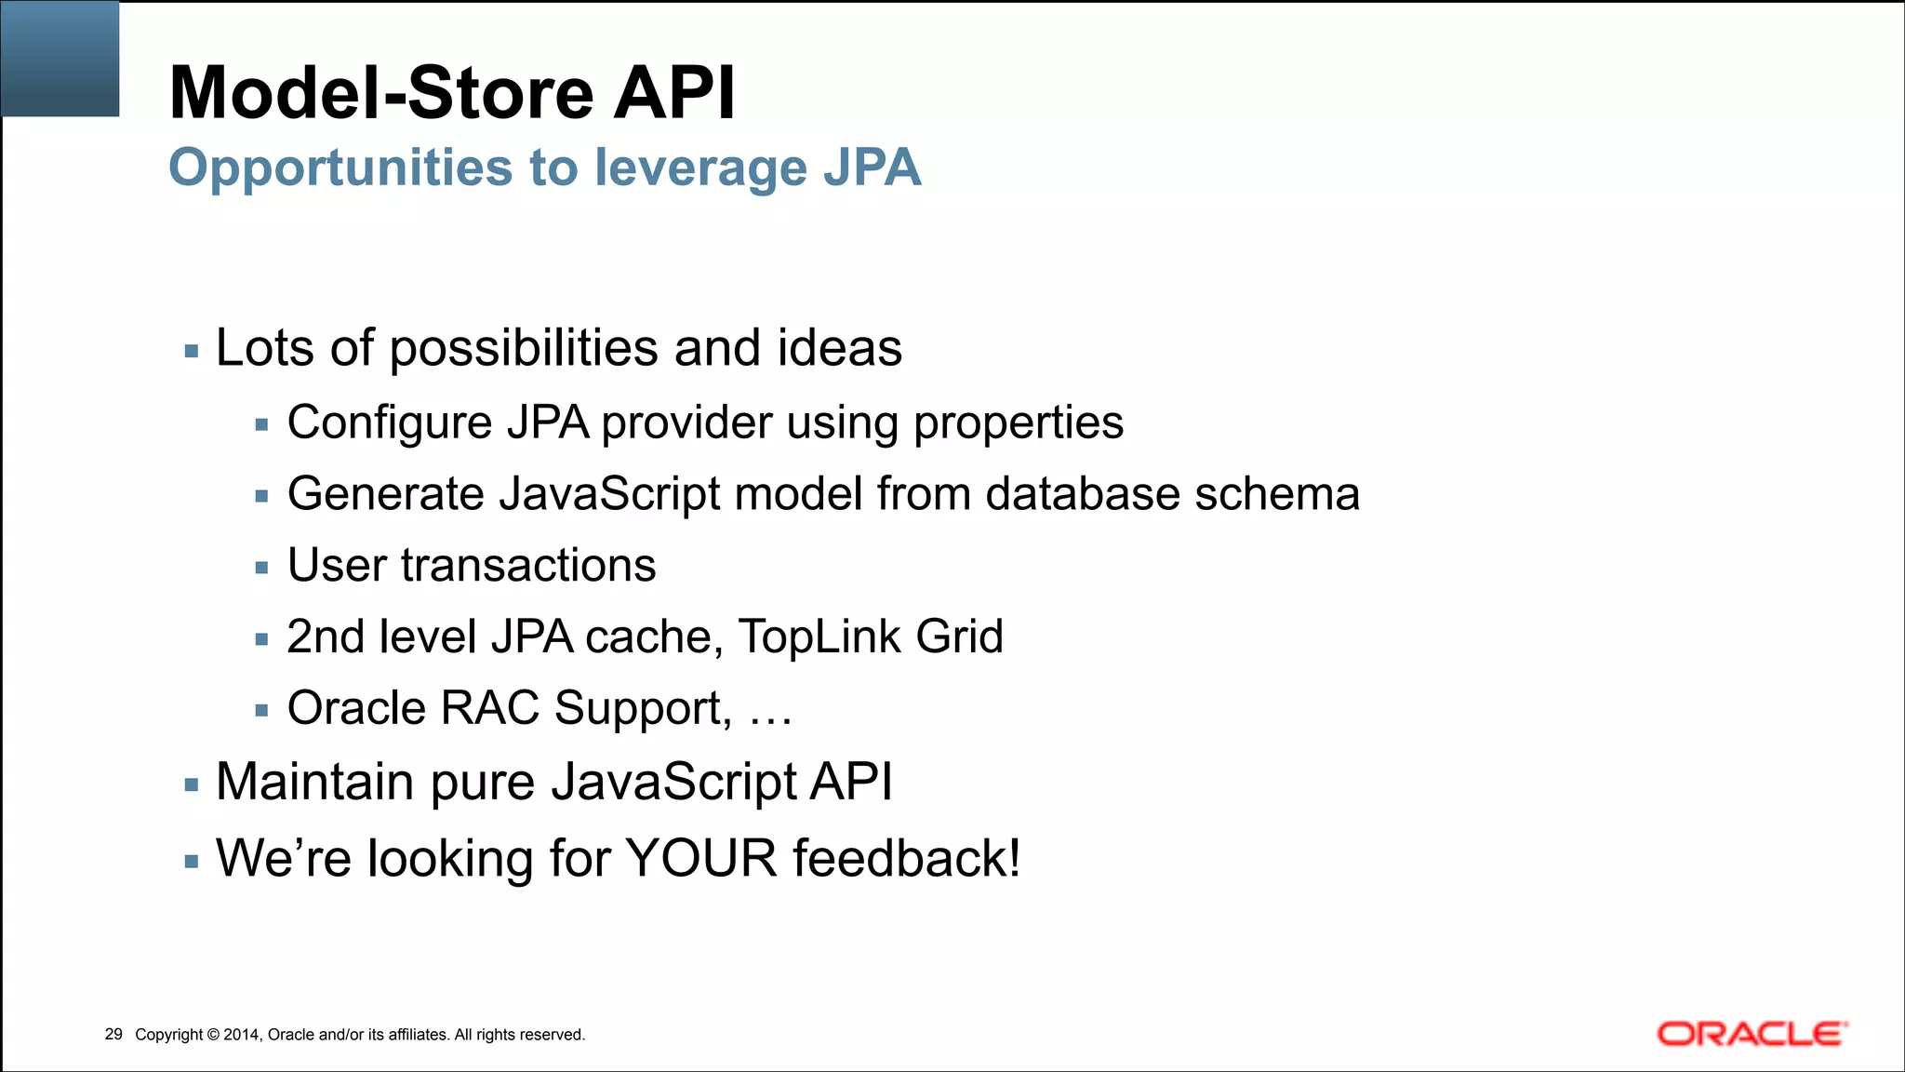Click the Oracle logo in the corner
1752,1034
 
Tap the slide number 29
113,1034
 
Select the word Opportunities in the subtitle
340,168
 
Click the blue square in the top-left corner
60,58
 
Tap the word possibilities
524,349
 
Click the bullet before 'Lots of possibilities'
192,352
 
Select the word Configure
389,423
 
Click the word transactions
528,565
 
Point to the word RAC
489,708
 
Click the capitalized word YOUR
700,858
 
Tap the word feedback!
906,858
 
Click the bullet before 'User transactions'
261,568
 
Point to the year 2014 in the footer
242,1035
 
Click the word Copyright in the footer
168,1035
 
